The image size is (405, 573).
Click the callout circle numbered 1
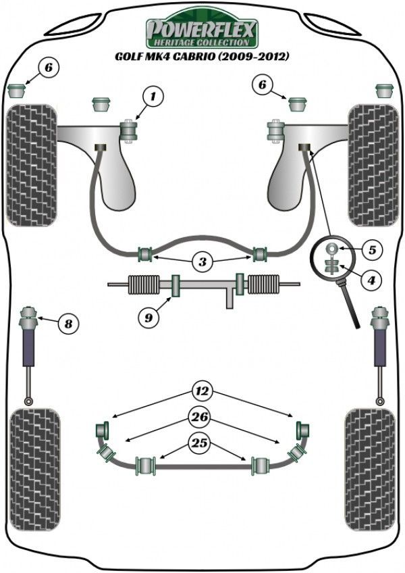(x=153, y=97)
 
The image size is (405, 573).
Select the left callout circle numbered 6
(x=49, y=68)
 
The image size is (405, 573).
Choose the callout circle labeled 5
(x=371, y=249)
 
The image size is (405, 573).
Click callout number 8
(x=66, y=324)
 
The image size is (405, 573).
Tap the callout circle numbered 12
(x=201, y=390)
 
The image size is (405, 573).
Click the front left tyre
(x=31, y=165)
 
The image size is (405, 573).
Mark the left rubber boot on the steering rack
(x=142, y=284)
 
